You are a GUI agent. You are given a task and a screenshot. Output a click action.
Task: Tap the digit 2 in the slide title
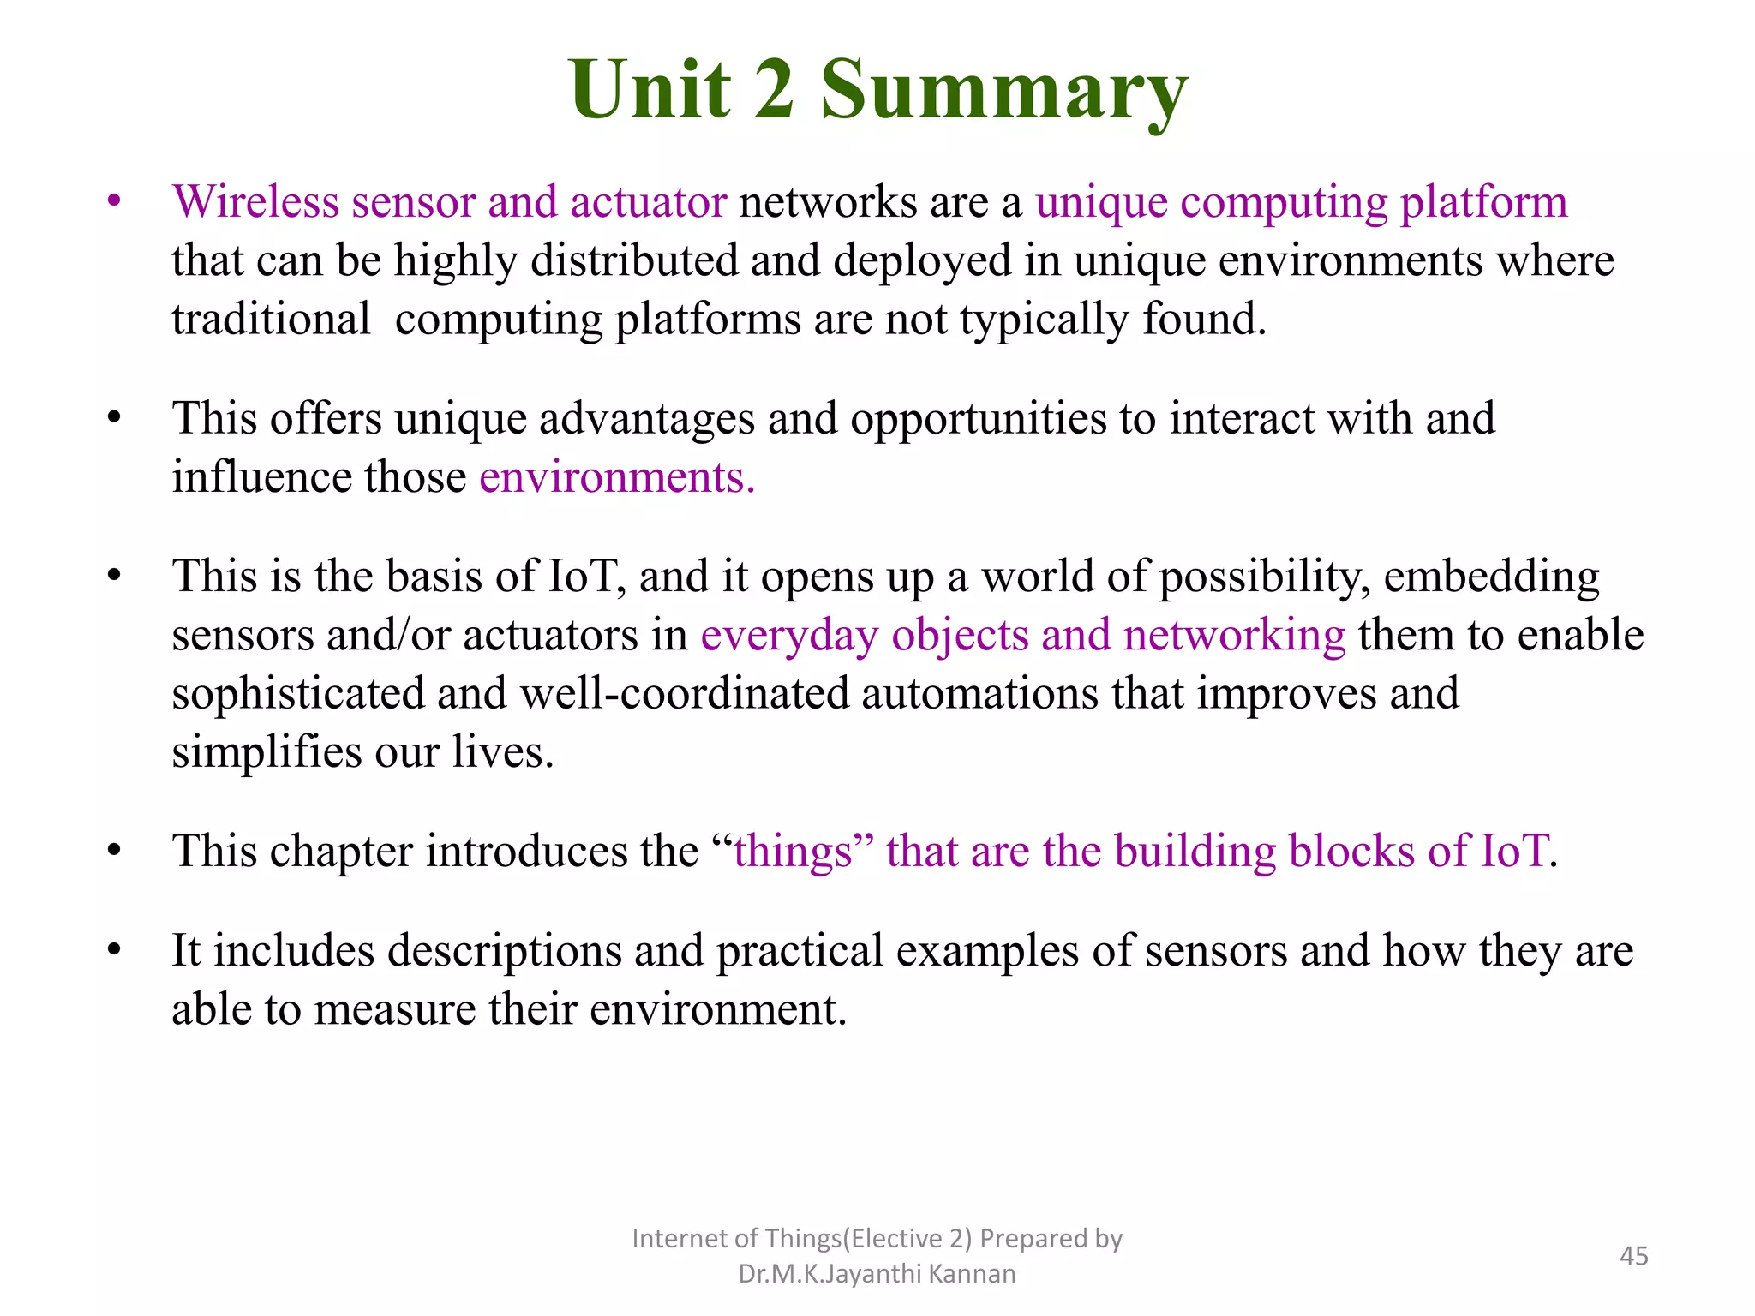pos(774,89)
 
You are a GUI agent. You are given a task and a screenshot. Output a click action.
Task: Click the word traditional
pos(271,319)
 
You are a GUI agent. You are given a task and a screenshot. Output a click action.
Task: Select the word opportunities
pos(978,420)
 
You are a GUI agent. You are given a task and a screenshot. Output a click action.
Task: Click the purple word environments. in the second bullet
pos(617,477)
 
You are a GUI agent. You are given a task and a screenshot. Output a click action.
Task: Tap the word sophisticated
pos(298,693)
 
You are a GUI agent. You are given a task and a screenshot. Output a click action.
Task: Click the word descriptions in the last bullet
pos(505,951)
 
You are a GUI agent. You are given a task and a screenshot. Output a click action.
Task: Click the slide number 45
pos(1633,1256)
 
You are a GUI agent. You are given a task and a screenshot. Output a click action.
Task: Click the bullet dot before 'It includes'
pos(114,950)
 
